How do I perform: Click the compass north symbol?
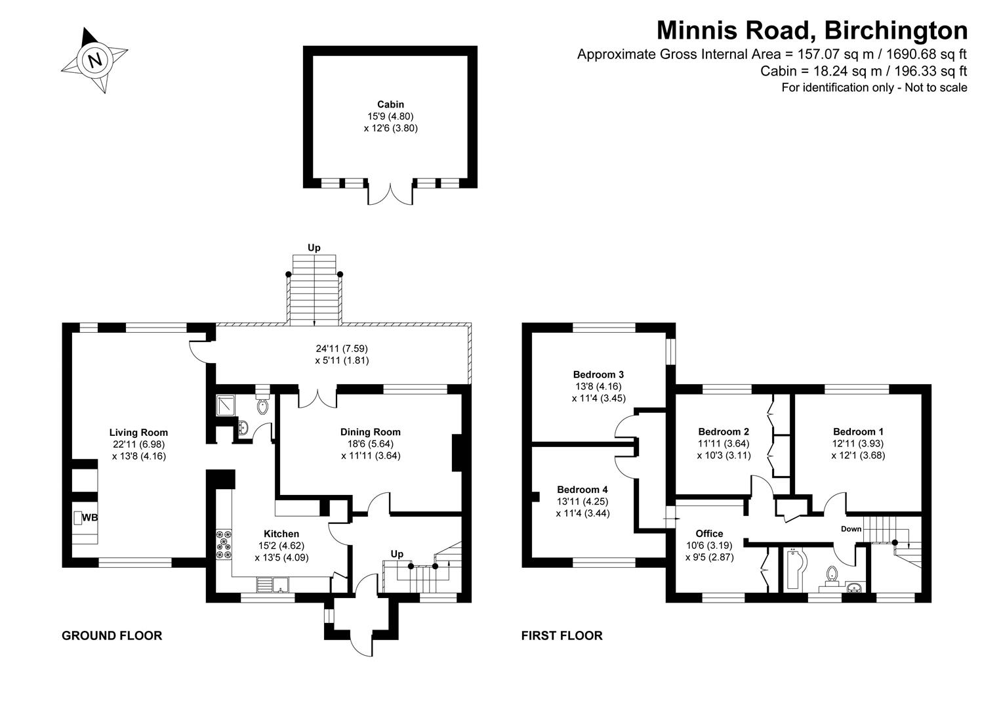pos(95,60)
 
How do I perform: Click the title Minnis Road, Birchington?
pos(812,30)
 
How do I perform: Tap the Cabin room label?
pos(390,104)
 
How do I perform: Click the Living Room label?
pos(138,433)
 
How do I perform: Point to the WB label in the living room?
pos(90,518)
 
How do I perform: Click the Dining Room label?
pos(370,432)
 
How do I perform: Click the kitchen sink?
pos(274,584)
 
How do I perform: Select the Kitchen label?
pos(281,534)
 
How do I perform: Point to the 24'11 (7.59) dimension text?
pos(341,348)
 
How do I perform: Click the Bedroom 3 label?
pos(598,375)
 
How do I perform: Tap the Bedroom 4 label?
pos(582,490)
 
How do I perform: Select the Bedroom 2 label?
pos(724,432)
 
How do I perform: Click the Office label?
pos(709,534)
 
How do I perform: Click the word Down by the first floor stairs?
pos(851,529)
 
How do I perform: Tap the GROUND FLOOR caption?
pos(112,635)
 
